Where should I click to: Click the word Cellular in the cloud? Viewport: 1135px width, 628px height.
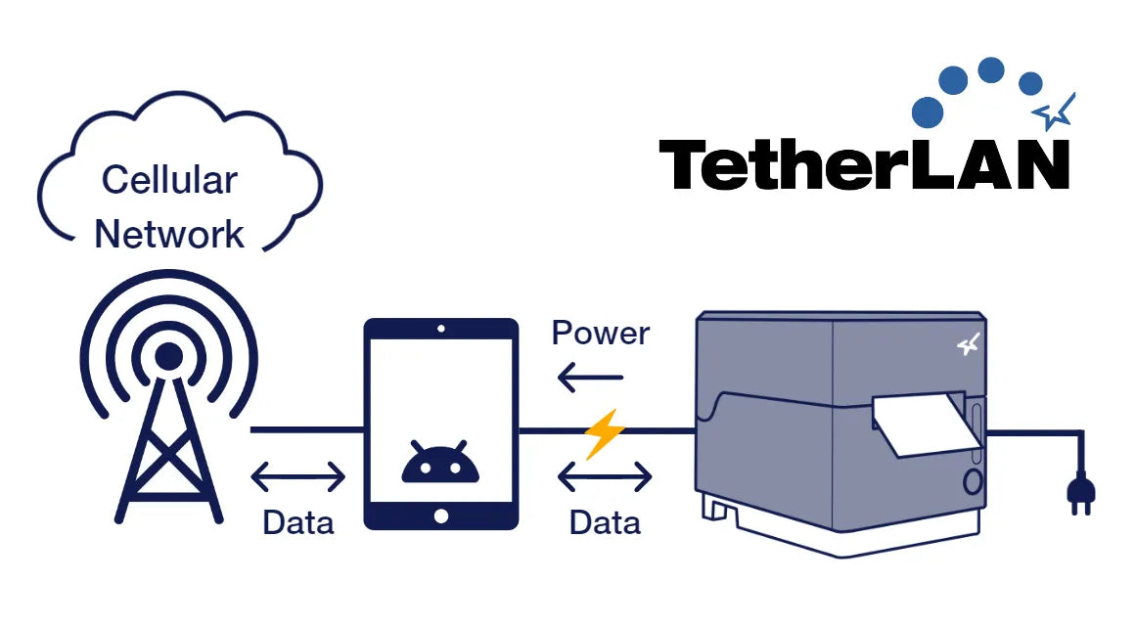click(169, 181)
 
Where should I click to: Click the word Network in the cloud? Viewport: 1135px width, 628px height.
click(169, 235)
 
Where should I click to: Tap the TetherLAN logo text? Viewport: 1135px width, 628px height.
click(864, 164)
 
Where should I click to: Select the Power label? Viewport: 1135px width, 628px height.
click(600, 334)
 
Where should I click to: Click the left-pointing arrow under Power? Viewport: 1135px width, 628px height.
click(590, 377)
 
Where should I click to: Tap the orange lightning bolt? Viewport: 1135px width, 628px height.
click(603, 433)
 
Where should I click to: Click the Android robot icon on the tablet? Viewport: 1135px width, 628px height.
click(440, 462)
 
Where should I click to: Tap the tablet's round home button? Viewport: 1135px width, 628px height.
click(440, 515)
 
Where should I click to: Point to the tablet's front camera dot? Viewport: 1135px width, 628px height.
click(440, 330)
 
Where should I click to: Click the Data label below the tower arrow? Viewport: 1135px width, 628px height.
click(297, 522)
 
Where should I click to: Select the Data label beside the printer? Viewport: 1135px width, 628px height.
click(605, 522)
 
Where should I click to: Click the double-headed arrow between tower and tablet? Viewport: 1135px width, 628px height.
click(298, 477)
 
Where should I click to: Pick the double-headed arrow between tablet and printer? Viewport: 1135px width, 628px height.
click(605, 477)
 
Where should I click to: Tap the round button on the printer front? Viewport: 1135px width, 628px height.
click(973, 481)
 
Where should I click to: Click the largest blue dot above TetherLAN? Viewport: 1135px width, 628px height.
click(927, 112)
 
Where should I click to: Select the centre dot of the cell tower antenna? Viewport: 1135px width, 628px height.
click(168, 355)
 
